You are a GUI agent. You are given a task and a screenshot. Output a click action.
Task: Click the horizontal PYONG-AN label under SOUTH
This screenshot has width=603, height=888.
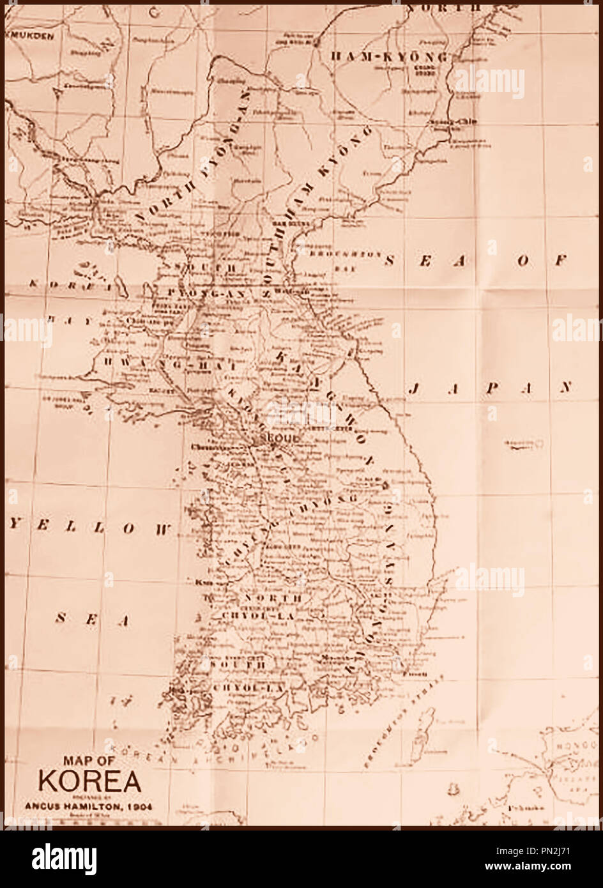click(196, 292)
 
